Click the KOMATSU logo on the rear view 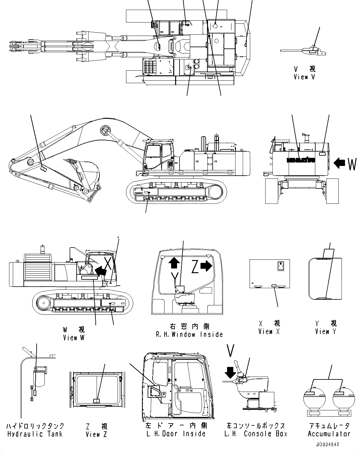(301, 160)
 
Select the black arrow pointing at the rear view (339, 163)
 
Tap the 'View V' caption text (305, 77)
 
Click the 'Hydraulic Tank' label (35, 434)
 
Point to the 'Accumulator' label (329, 434)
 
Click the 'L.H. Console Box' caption (256, 434)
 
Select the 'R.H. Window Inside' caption (190, 334)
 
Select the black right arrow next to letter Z (206, 266)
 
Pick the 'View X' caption (269, 332)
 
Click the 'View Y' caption (326, 332)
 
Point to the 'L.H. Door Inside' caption (176, 434)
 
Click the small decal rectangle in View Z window (97, 401)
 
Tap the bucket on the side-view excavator (88, 172)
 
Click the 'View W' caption (74, 338)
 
